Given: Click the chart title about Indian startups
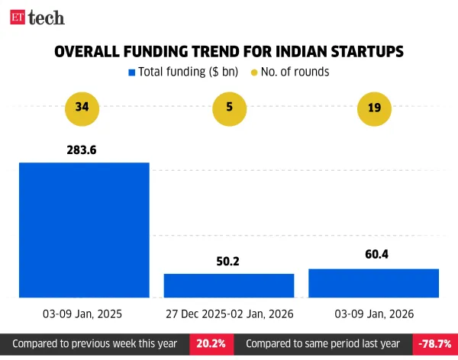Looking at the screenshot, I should click(x=228, y=51).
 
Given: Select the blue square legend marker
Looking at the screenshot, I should click(x=131, y=72).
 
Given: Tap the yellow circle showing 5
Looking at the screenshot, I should click(x=228, y=108).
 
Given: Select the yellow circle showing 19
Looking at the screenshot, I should click(x=374, y=108).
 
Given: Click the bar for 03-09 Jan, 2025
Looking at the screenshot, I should click(x=84, y=229).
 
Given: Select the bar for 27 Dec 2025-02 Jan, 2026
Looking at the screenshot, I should click(x=228, y=285).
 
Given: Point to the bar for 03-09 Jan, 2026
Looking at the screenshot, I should click(x=374, y=283).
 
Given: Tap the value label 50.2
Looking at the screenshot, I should click(x=228, y=261).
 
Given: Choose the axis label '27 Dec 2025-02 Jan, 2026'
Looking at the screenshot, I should click(x=228, y=313).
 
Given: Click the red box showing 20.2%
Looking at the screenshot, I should click(x=211, y=344).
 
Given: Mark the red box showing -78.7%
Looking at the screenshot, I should click(x=434, y=344).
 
